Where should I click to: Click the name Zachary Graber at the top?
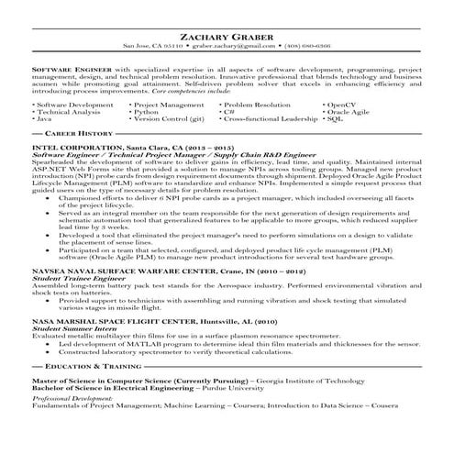[x=227, y=37]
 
